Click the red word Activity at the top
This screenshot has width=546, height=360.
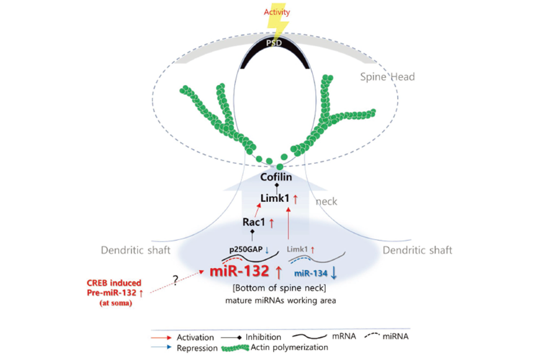coord(277,12)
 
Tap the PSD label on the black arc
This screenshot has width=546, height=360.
coord(274,43)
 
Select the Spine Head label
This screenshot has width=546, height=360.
coord(387,77)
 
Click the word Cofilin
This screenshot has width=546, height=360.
coord(276,177)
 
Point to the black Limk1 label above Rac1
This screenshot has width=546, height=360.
coord(275,198)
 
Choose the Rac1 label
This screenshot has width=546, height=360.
coord(254,222)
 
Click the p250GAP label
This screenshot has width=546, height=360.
coord(246,250)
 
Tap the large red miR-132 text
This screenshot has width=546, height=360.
coord(239,271)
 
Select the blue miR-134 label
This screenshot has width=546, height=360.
coord(311,274)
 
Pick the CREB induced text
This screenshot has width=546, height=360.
coord(114,282)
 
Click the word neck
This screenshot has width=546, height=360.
coord(326,202)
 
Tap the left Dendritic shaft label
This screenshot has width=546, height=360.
coord(135,250)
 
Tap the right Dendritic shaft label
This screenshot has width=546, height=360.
coord(417,250)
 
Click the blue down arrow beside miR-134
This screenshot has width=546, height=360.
coord(334,272)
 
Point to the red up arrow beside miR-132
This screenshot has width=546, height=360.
coord(278,272)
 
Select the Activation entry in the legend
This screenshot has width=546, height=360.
coord(195,338)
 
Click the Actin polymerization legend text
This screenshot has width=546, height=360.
coord(289,348)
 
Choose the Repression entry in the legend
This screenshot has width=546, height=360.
coord(197,348)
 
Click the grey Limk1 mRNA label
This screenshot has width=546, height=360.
coord(297,250)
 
